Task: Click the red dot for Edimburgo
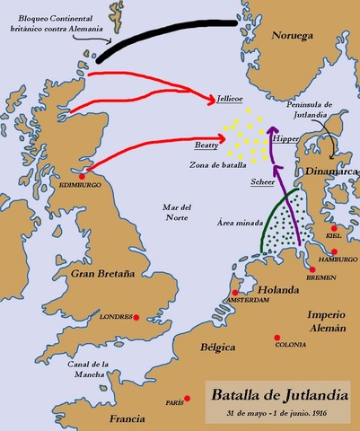[83, 176]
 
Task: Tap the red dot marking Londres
[136, 316]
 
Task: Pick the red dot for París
[187, 399]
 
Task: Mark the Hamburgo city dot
[334, 251]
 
